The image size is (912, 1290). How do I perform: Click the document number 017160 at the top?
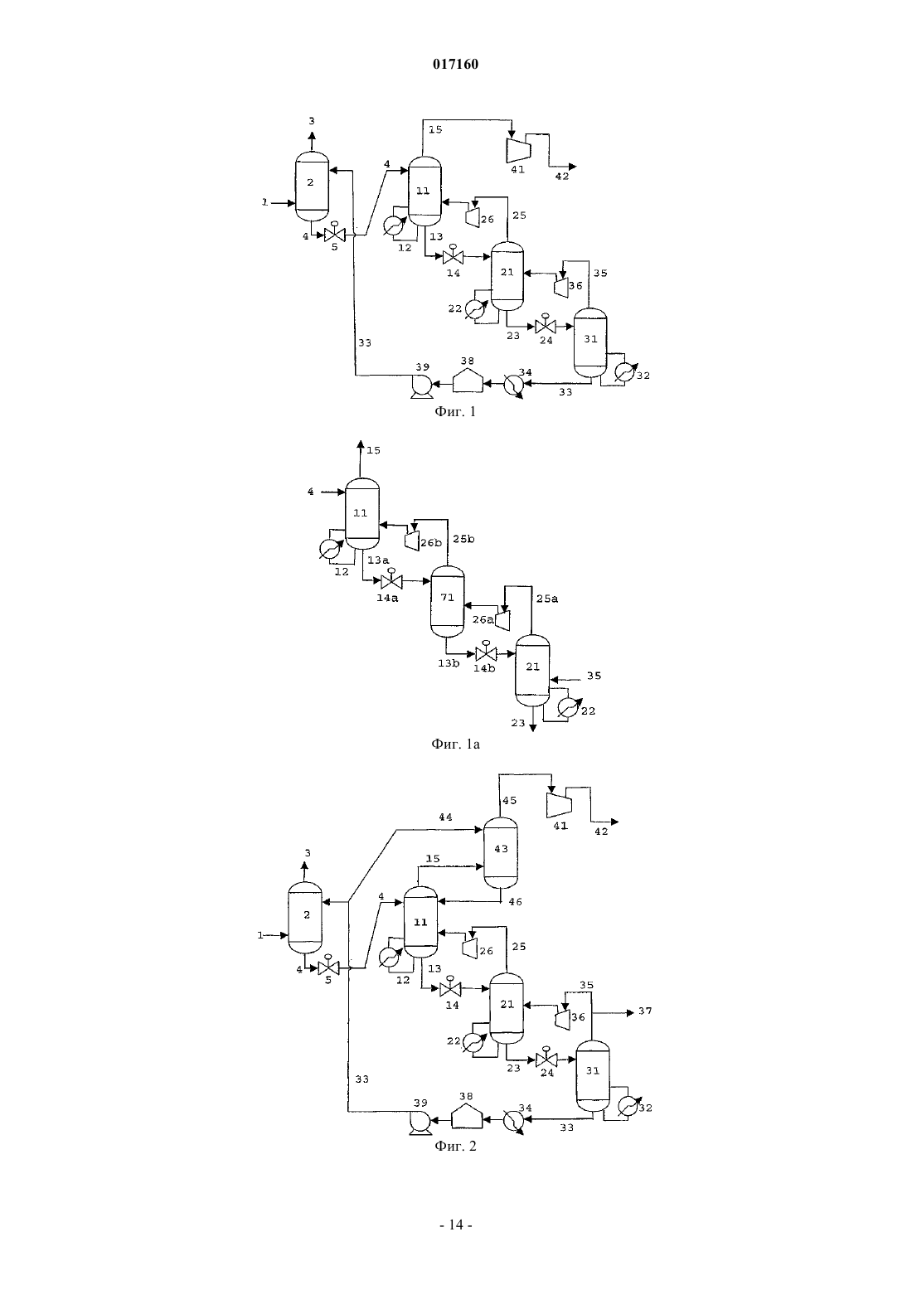coord(455,64)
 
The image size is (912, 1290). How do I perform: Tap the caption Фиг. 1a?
coord(455,744)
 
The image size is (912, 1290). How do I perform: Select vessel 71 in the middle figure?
coord(448,602)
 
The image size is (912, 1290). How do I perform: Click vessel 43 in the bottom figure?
coord(500,853)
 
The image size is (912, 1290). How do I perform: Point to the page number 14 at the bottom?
coord(455,1225)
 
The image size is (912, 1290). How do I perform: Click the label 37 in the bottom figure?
coord(645,1011)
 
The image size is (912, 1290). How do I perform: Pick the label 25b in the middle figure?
coord(463,539)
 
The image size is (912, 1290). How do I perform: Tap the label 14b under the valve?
coord(484,668)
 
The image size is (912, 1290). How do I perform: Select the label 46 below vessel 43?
coord(515,902)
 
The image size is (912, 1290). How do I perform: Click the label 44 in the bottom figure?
coord(445,817)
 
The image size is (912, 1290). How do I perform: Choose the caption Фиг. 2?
coord(455,1146)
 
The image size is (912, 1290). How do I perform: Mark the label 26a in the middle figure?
coord(483,619)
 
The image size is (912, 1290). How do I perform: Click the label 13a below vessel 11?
coord(378,560)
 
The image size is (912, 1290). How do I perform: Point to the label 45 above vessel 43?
coord(510,800)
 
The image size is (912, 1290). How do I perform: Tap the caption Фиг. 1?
coord(455,412)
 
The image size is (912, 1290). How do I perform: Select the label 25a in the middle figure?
coord(547,599)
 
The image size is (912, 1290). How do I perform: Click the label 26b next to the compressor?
coord(430,542)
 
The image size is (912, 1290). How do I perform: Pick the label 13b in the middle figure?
coord(449,663)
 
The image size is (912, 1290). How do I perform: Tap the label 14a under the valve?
coord(387,598)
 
